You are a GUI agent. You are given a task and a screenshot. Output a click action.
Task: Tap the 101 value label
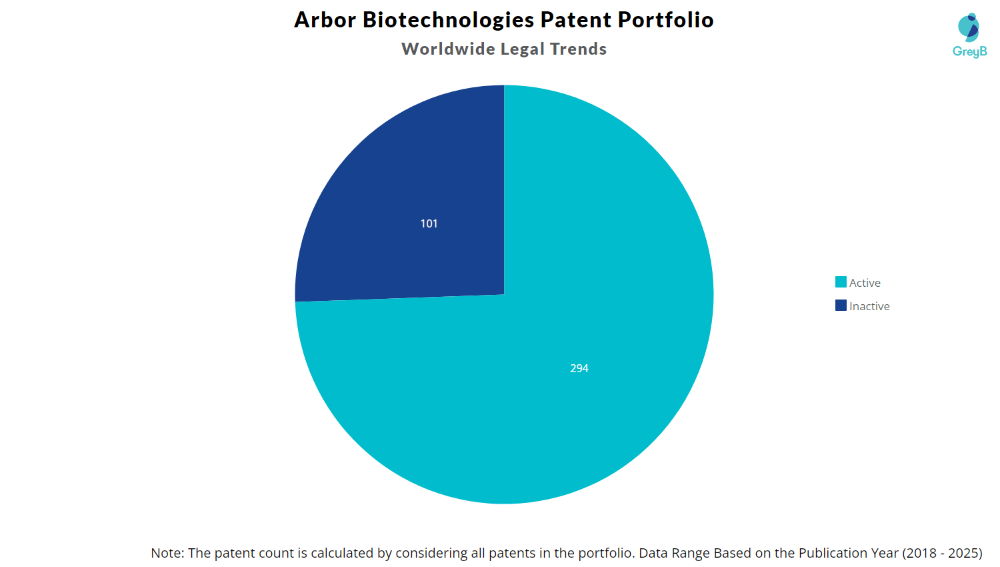point(429,223)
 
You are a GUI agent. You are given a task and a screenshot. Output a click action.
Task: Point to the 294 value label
point(579,368)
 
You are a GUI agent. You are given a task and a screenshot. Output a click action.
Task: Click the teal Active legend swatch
point(841,282)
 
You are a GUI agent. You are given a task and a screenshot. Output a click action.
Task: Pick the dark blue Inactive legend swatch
point(841,306)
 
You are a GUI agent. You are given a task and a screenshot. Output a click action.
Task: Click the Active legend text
point(865,283)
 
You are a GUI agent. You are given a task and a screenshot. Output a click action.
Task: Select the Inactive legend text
point(869,306)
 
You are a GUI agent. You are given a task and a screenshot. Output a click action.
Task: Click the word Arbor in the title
point(325,20)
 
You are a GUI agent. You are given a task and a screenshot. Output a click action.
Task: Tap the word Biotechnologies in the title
point(448,20)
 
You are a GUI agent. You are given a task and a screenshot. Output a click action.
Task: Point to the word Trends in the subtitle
point(578,49)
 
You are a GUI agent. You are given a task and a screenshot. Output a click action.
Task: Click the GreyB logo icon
point(969,27)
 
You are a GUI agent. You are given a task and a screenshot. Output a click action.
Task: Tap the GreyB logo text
point(969,51)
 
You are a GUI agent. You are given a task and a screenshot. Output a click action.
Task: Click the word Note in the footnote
point(166,553)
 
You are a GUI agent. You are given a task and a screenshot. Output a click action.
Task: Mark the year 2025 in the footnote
point(963,553)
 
